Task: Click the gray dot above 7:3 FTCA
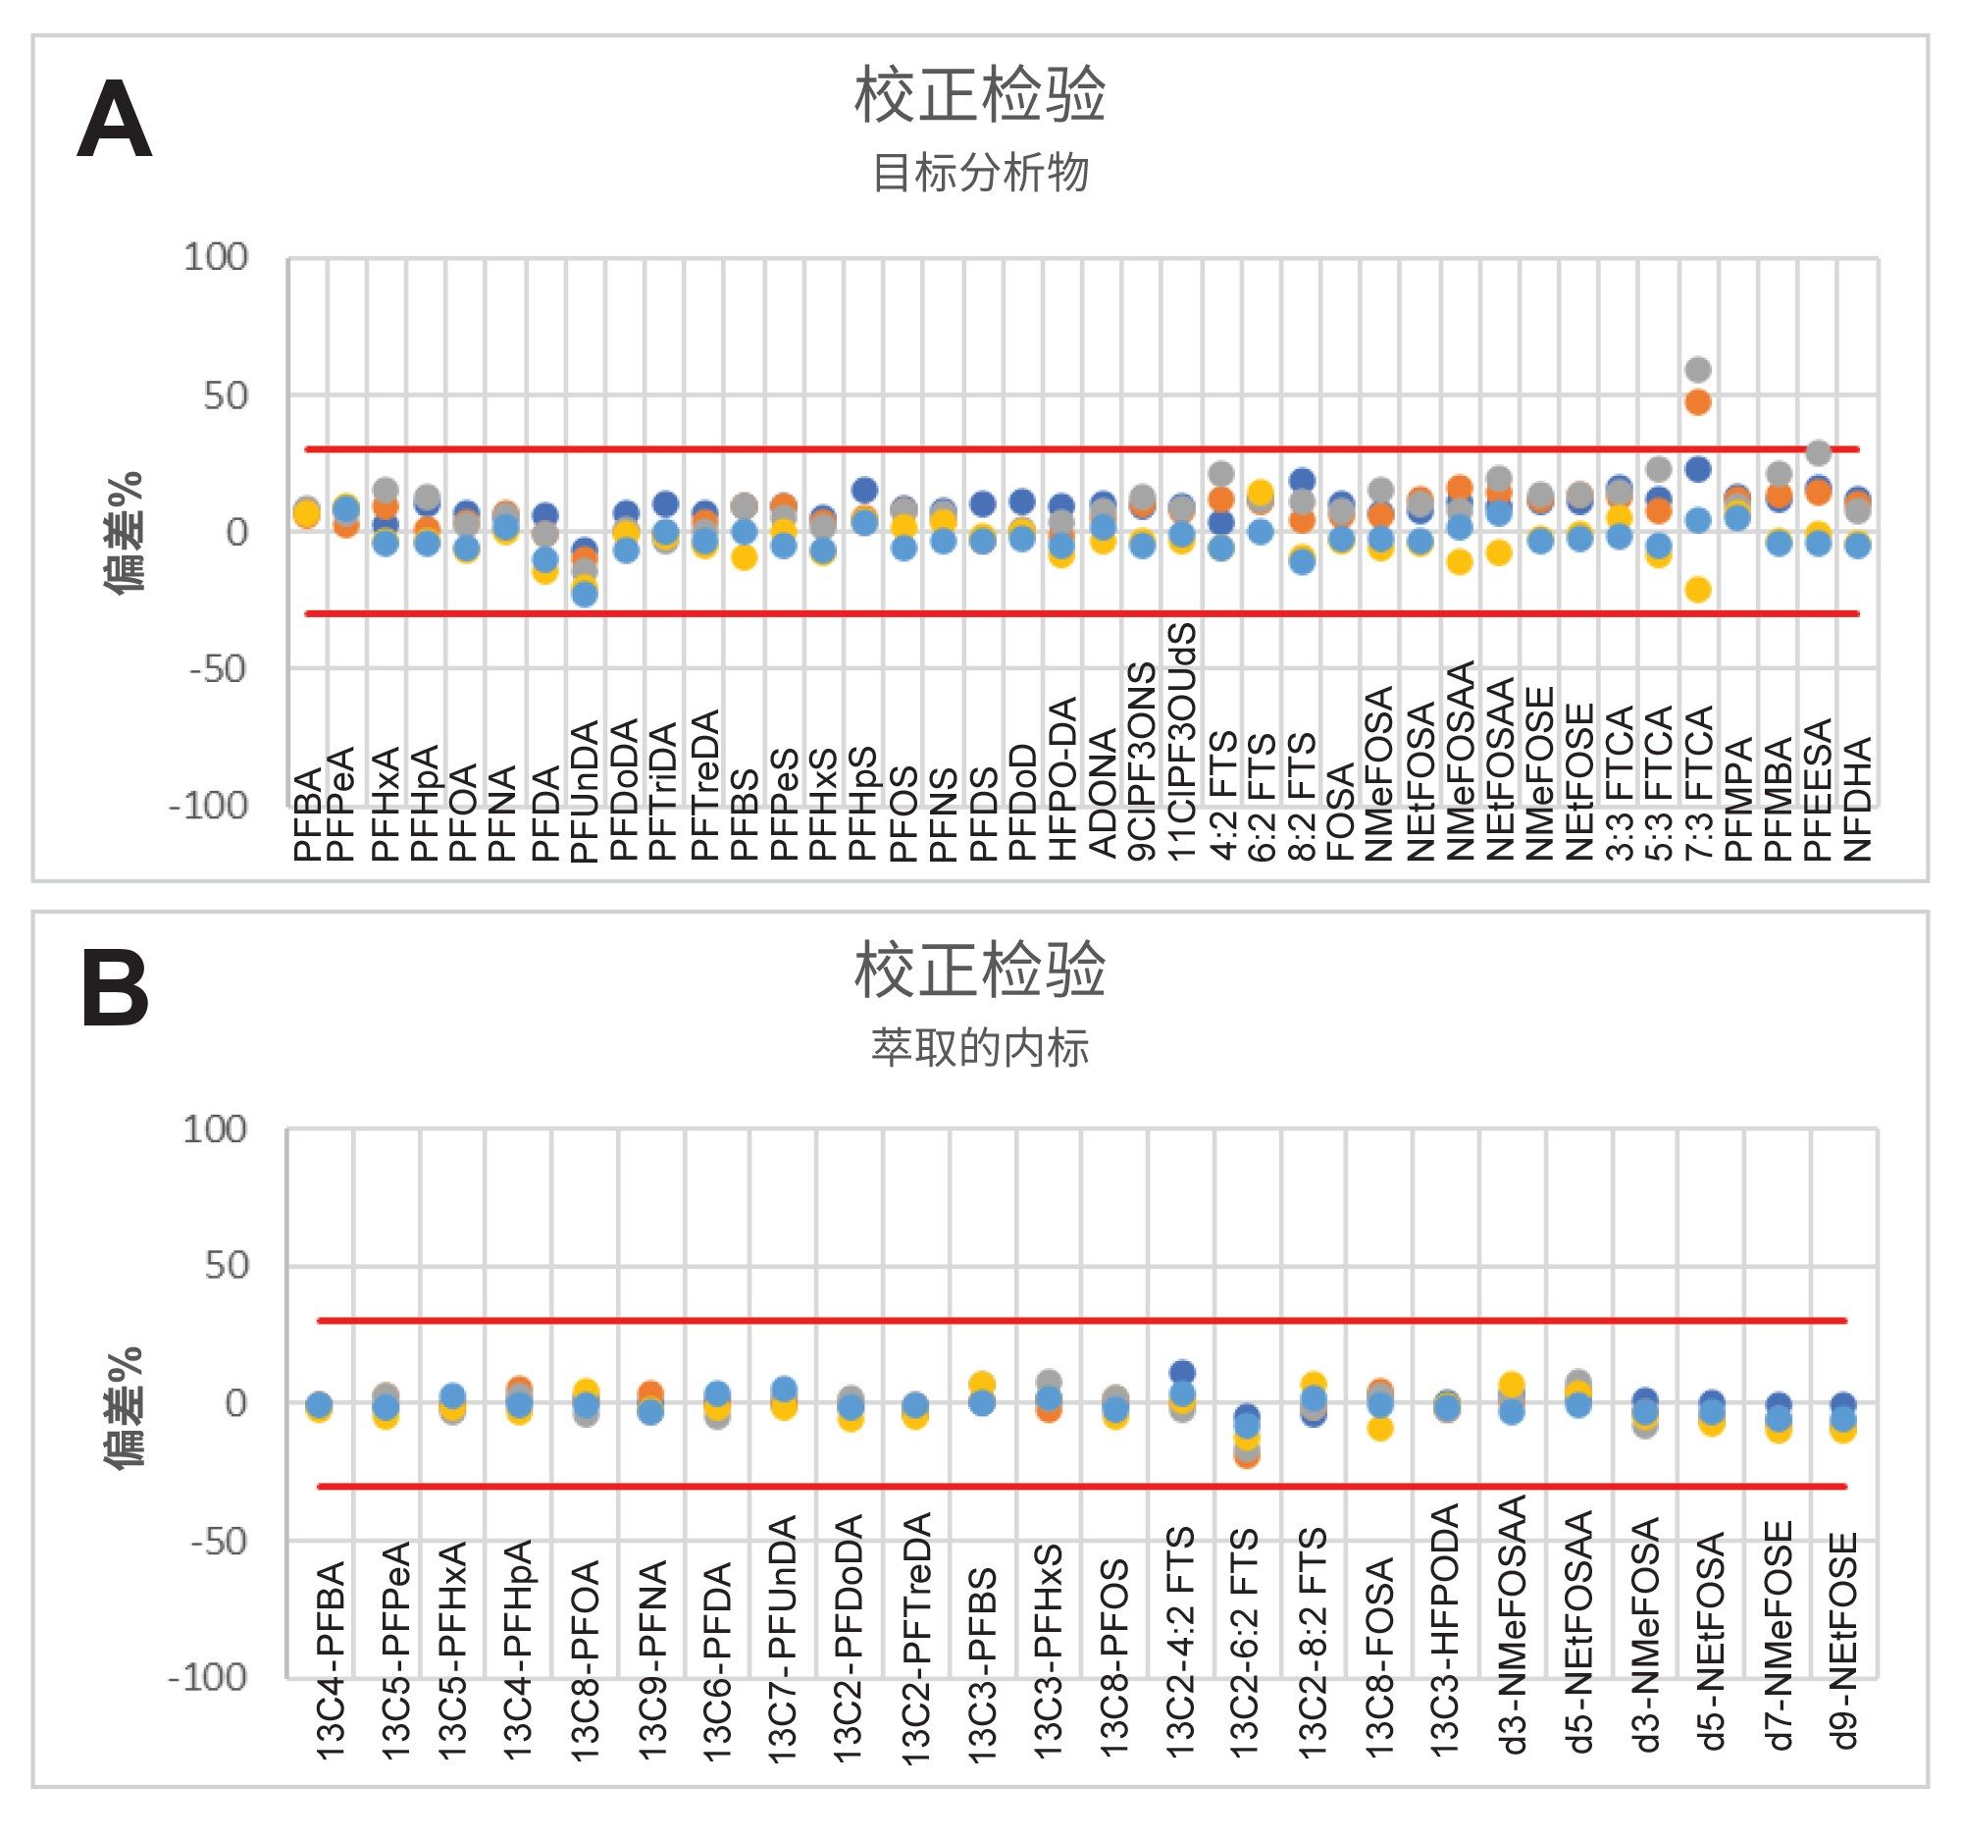[x=1696, y=370]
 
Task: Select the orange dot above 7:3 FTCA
[x=1696, y=401]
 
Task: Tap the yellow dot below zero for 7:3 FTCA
[x=1696, y=591]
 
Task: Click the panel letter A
[x=115, y=121]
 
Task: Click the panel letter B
[x=115, y=990]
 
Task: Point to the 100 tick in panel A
[x=215, y=258]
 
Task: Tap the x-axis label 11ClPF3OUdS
[x=1181, y=741]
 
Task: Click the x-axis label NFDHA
[x=1857, y=799]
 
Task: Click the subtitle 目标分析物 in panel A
[x=980, y=174]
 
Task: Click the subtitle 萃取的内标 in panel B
[x=980, y=1047]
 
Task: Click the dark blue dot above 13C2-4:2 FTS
[x=1181, y=1372]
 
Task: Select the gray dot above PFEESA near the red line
[x=1818, y=453]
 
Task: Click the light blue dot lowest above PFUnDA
[x=586, y=595]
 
